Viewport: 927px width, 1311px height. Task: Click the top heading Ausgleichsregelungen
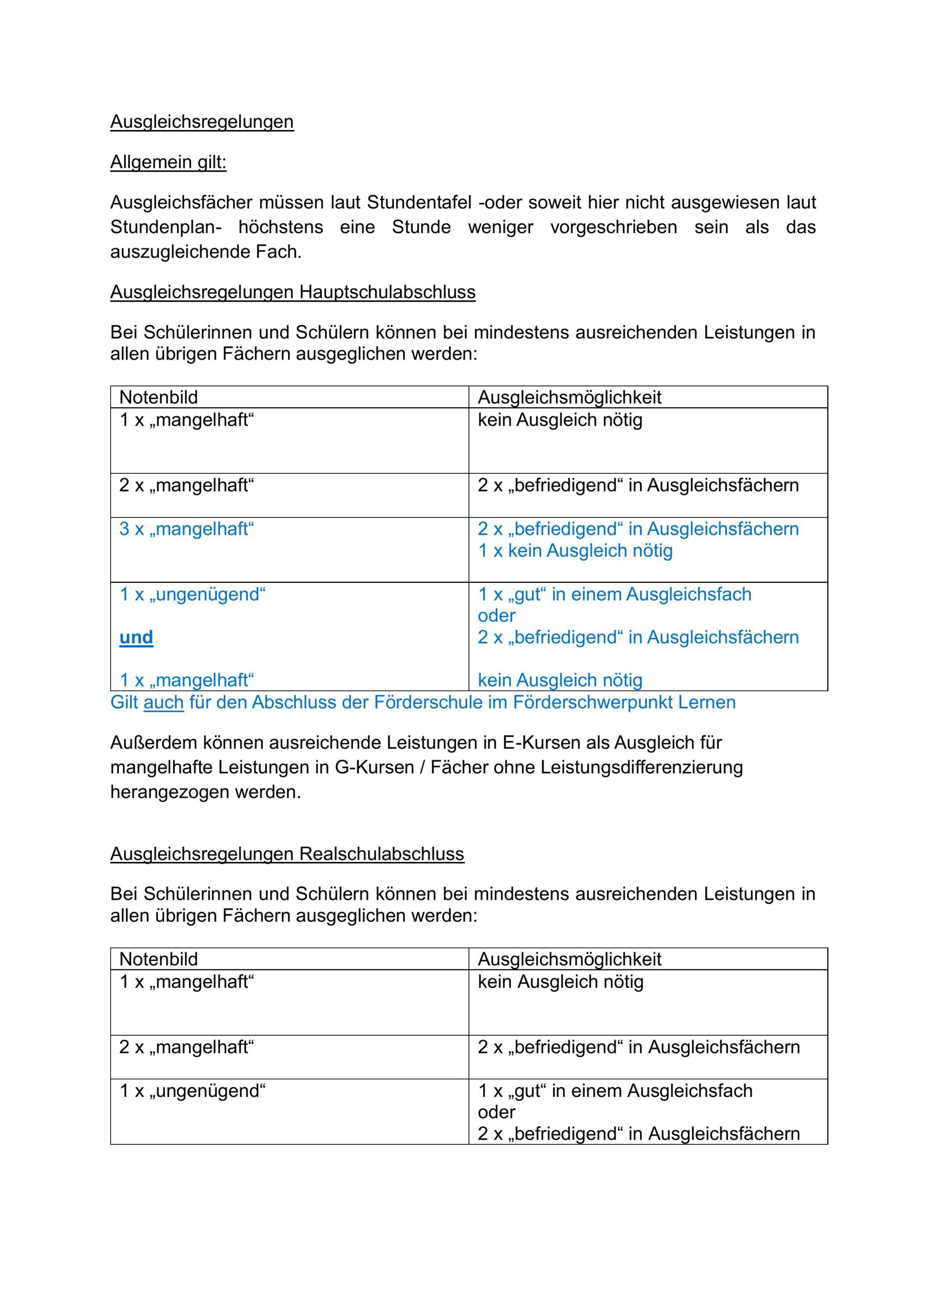[202, 121]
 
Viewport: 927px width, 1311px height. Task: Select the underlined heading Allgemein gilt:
[168, 162]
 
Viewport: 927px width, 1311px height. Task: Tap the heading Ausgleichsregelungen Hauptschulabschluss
[292, 292]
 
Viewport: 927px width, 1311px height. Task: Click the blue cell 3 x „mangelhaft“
[186, 528]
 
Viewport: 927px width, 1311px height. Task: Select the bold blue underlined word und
[136, 637]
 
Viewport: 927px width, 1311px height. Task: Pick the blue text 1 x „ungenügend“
[192, 595]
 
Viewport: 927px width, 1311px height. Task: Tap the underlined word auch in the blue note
[163, 702]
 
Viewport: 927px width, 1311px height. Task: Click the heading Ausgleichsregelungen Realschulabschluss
[287, 854]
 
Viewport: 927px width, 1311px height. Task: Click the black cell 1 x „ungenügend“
[192, 1091]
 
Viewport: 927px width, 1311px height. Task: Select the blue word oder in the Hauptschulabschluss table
[496, 616]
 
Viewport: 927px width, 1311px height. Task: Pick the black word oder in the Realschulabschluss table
[496, 1112]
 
